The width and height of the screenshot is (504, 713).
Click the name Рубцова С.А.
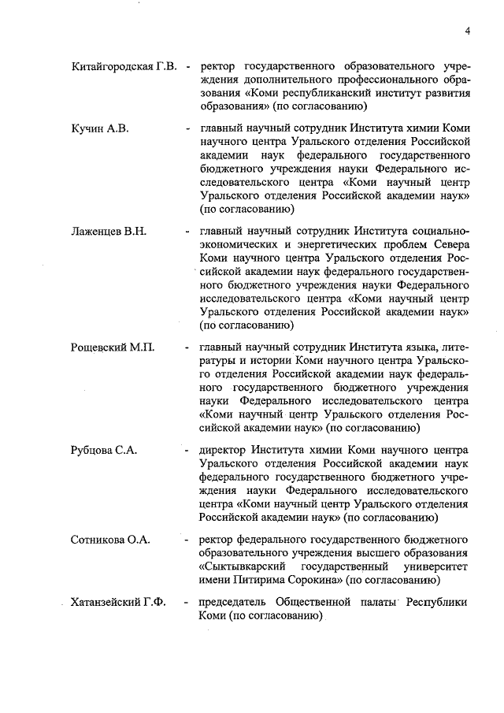104,450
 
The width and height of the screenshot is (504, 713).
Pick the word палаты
380,603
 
